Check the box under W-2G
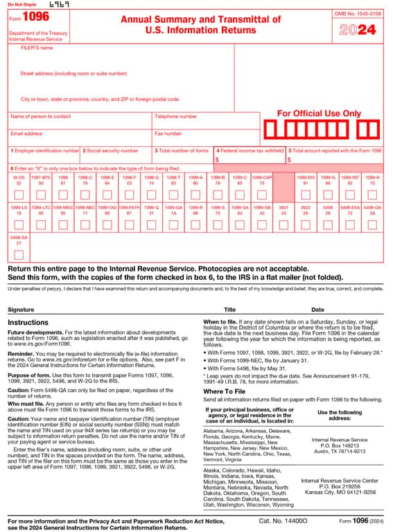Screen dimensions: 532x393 pos(19,195)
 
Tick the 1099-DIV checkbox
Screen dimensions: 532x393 pos(306,195)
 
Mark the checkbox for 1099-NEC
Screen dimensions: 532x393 pos(85,224)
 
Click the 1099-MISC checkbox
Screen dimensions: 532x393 pos(63,224)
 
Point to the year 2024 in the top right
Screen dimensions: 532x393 pos(358,30)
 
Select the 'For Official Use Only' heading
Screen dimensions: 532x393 pos(319,113)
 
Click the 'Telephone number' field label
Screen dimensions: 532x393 pos(176,116)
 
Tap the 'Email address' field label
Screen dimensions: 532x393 pos(26,134)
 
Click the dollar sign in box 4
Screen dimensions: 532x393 pos(217,160)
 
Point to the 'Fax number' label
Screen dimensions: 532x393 pos(168,134)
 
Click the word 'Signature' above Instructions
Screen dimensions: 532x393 pos(20,310)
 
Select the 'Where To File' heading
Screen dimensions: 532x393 pos(224,391)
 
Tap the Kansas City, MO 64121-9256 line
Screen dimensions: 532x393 pos(339,492)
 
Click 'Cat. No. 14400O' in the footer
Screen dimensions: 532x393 pos(283,520)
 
